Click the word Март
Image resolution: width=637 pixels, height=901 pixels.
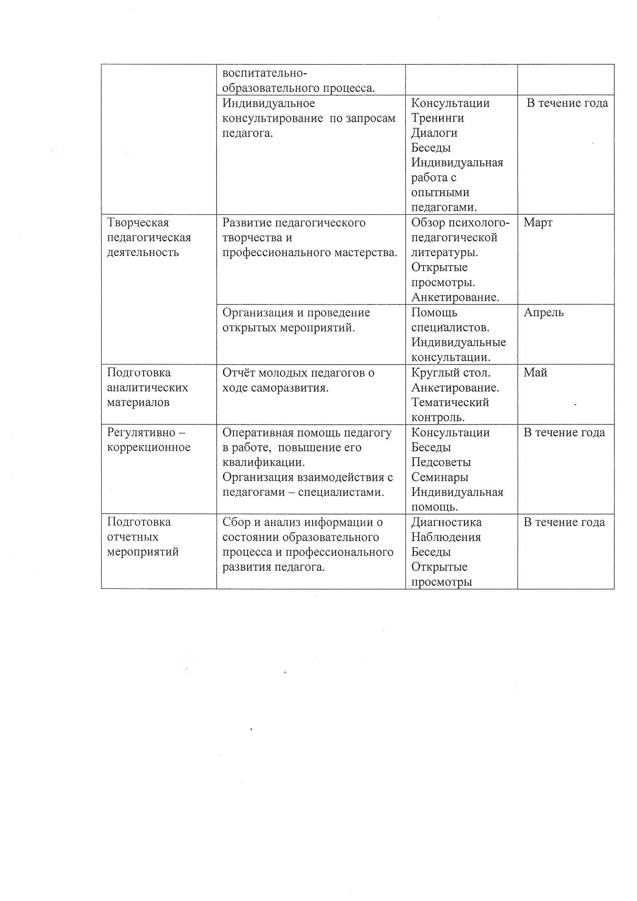[x=538, y=222]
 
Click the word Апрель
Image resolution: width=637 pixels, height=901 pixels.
[x=543, y=313]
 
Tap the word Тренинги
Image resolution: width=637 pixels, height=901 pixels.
[x=437, y=118]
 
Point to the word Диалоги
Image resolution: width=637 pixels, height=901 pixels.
[x=434, y=133]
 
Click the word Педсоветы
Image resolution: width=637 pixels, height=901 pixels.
[x=441, y=462]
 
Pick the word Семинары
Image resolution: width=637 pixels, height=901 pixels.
[x=440, y=477]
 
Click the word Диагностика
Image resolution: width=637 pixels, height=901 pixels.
[x=446, y=522]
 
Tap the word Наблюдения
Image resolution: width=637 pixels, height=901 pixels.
[x=446, y=537]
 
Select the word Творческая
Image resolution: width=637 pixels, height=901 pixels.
[x=138, y=222]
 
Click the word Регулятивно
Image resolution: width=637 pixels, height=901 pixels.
[x=141, y=432]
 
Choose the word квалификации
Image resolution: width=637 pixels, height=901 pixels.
[x=263, y=462]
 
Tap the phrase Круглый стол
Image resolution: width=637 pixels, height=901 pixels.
[x=450, y=373]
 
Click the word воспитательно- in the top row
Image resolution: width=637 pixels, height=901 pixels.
[x=264, y=73]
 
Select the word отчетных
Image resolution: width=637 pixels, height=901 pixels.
[x=133, y=537]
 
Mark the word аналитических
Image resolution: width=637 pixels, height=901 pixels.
[x=147, y=388]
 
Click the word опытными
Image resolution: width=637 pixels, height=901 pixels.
[x=440, y=193]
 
